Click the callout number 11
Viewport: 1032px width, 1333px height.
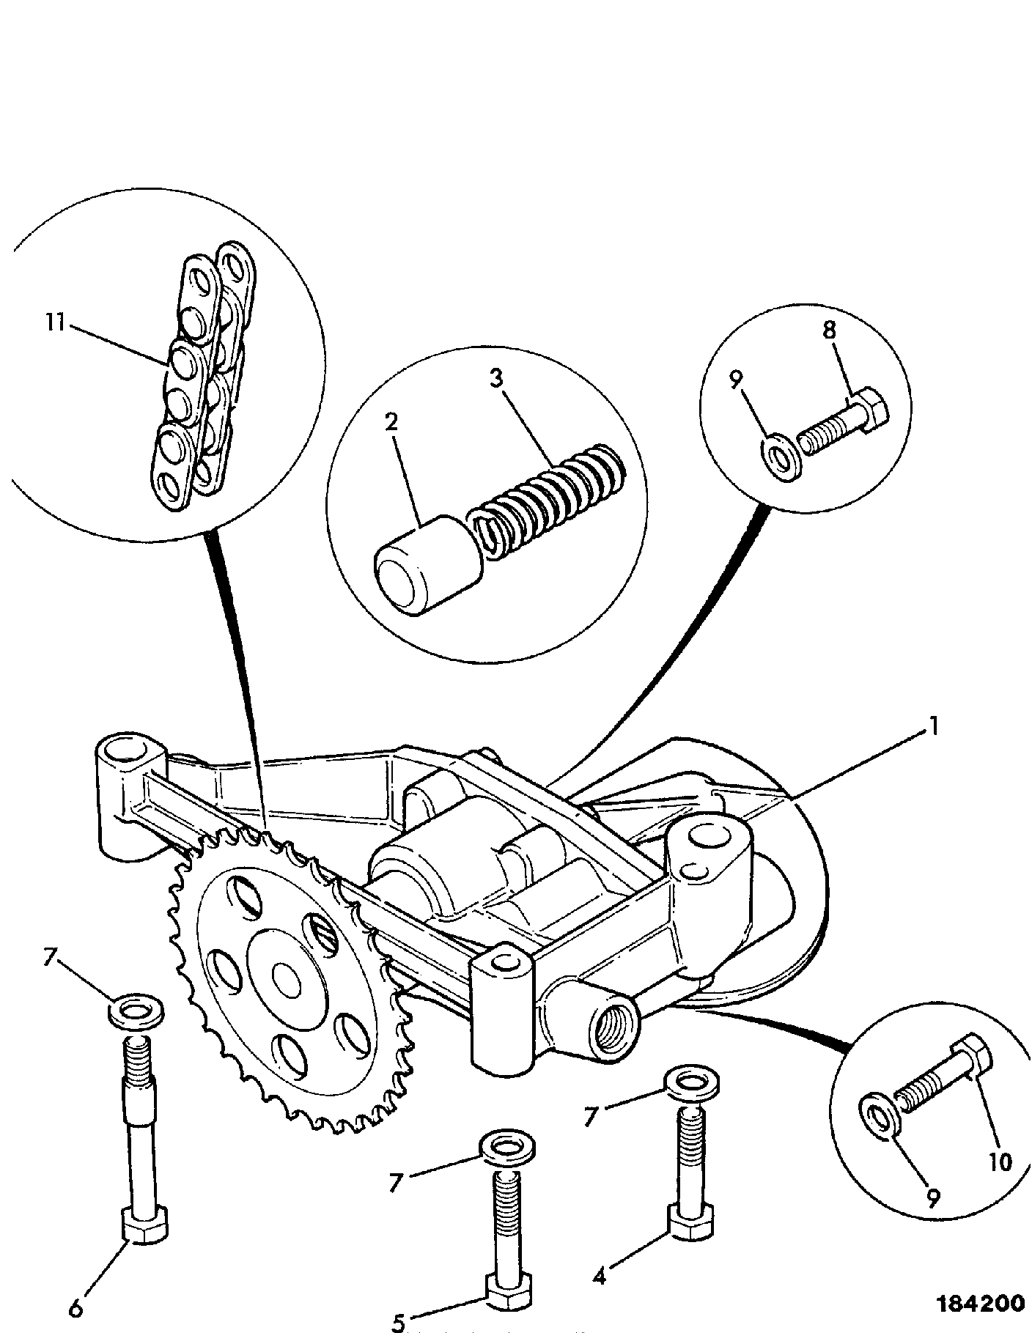tap(54, 322)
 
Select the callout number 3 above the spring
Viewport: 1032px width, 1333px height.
tap(497, 379)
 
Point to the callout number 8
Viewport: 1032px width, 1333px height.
tap(828, 330)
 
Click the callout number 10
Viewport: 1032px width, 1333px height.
tap(1000, 1162)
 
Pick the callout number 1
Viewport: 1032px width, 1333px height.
tap(934, 726)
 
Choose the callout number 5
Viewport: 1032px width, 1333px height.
tap(398, 1321)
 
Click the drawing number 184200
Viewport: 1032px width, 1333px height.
tap(981, 1304)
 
